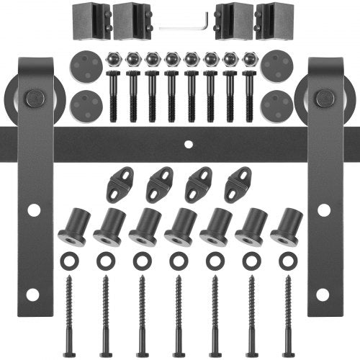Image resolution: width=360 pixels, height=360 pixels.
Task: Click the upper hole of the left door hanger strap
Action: tap(33, 210)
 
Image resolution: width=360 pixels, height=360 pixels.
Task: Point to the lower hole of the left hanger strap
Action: tap(33, 294)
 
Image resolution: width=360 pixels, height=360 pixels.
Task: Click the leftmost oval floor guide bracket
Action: tap(120, 184)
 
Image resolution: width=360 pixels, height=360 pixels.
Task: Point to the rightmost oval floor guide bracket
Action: tap(238, 184)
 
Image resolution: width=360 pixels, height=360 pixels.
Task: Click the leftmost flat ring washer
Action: tap(70, 258)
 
